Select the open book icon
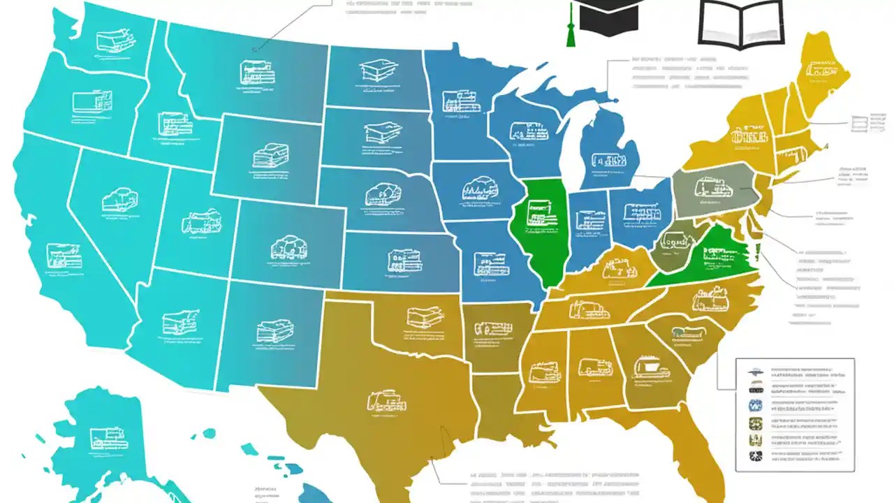[741, 24]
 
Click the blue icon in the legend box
[756, 405]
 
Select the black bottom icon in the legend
[756, 457]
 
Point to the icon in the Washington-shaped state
[112, 41]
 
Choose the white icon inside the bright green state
[538, 213]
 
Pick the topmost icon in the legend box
[756, 372]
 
